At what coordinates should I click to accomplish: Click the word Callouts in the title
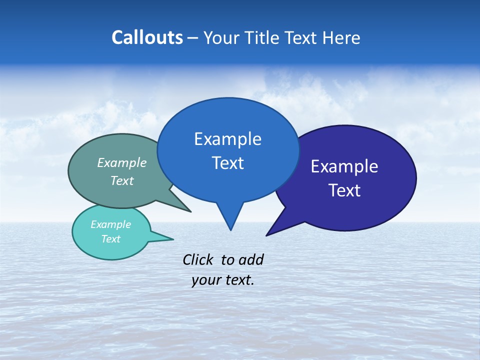click(147, 37)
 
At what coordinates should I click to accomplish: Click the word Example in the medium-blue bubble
click(227, 139)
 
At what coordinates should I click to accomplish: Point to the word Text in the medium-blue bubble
click(227, 163)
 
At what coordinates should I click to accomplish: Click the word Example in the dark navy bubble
click(344, 166)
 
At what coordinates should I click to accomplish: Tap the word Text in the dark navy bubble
click(344, 190)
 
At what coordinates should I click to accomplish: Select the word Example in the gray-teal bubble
click(122, 162)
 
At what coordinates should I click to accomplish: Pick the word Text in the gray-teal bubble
click(122, 180)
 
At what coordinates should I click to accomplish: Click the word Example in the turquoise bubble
click(110, 224)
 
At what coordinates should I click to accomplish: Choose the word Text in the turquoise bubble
click(110, 239)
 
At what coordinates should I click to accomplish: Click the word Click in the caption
click(198, 259)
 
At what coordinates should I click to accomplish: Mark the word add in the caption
click(251, 259)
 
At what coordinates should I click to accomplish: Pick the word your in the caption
click(205, 280)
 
